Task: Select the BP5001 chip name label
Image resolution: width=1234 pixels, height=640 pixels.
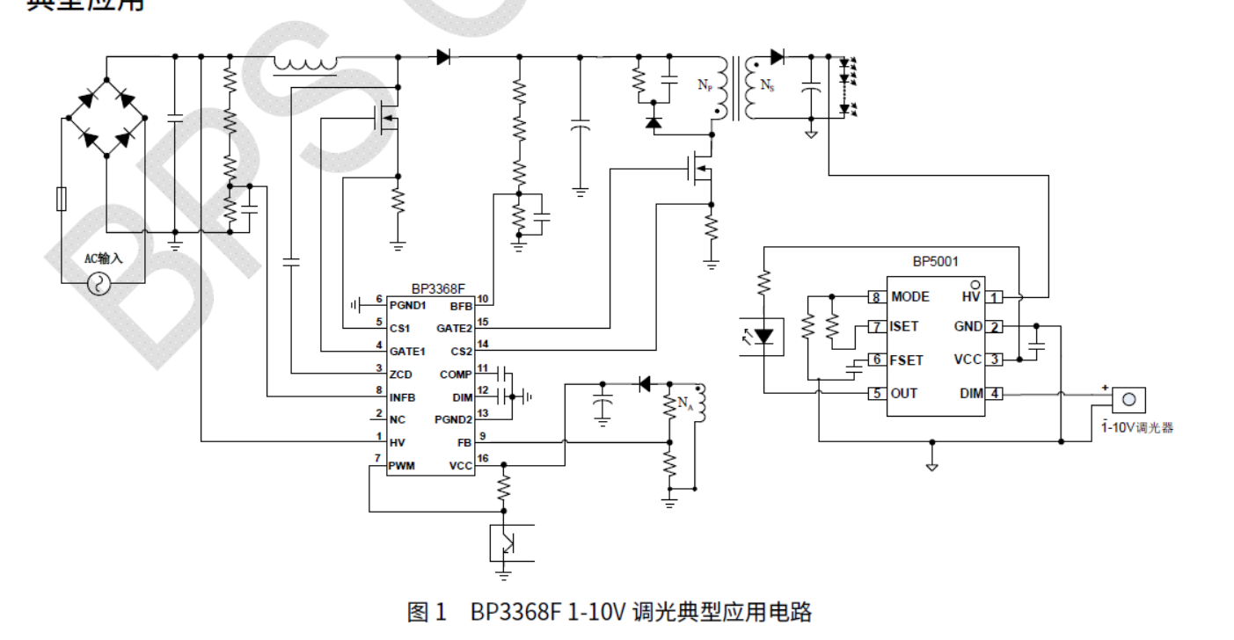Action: [x=935, y=261]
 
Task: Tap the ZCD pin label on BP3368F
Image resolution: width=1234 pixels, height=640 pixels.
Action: [x=400, y=375]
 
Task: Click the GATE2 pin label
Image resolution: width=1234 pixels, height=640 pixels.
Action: [x=455, y=328]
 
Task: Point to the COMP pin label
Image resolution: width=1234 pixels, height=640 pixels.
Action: [x=456, y=375]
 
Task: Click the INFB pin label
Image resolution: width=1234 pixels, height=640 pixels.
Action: [x=403, y=397]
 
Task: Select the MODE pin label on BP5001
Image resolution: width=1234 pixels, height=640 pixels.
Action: [x=909, y=297]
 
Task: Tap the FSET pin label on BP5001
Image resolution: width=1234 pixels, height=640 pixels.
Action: [x=907, y=360]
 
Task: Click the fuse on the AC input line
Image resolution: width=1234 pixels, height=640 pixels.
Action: [x=61, y=200]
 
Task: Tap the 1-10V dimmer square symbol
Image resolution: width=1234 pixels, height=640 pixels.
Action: [x=1128, y=399]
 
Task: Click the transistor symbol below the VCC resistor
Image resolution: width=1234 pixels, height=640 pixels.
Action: [x=507, y=542]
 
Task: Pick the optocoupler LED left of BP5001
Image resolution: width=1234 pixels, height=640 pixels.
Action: [x=764, y=336]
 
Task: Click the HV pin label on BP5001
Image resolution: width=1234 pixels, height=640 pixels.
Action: [x=971, y=297]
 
